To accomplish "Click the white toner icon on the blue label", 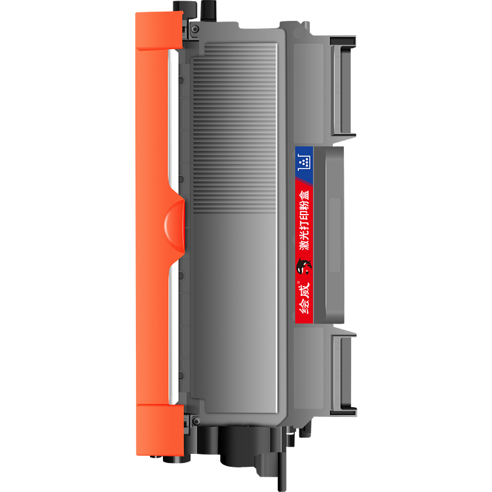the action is (304, 162).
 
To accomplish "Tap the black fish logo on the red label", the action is (303, 266).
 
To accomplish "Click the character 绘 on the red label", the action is (304, 306).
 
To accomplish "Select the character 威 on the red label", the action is (304, 290).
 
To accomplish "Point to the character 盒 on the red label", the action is (304, 194).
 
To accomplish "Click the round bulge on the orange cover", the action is (175, 226).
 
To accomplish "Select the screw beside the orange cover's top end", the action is (195, 29).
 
